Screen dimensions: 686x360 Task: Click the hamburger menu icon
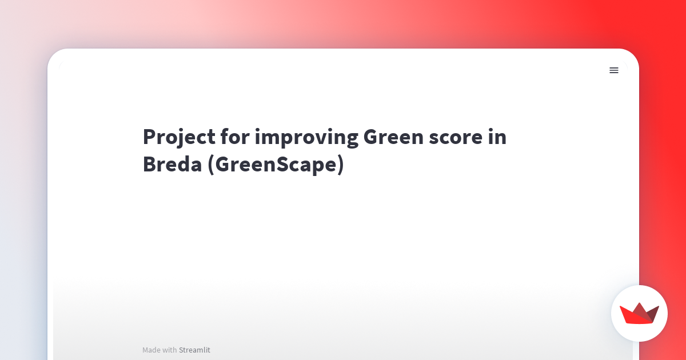click(x=614, y=70)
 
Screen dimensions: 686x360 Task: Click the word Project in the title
click(x=179, y=138)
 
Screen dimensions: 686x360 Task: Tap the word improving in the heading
click(x=306, y=138)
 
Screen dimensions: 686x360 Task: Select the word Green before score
click(x=393, y=137)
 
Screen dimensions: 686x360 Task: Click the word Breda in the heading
click(x=173, y=164)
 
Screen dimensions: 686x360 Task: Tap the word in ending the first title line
click(x=497, y=137)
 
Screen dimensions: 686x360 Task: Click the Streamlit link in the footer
click(x=194, y=350)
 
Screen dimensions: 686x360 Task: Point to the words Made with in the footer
click(x=159, y=350)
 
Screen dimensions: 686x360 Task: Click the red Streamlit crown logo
click(x=639, y=313)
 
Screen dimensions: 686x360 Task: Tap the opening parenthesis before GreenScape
click(x=211, y=165)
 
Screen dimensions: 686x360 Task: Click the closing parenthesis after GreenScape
click(x=341, y=165)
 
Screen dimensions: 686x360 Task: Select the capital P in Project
click(x=150, y=137)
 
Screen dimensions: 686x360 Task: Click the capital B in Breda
click(x=150, y=165)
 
